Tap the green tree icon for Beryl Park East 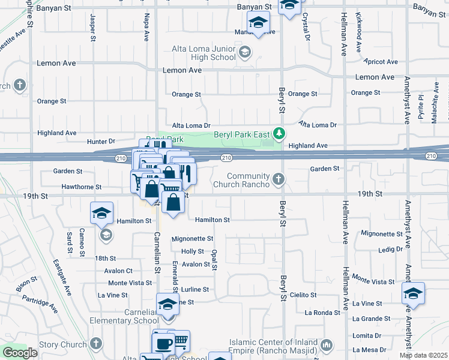tap(279, 133)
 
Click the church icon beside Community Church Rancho tap(279, 178)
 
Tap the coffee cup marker tap(162, 343)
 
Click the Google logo tap(20, 352)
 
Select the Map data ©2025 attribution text tap(424, 355)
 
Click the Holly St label tap(193, 251)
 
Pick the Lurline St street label tap(194, 289)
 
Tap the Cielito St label tap(303, 295)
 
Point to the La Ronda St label tap(322, 313)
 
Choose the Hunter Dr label tap(100, 142)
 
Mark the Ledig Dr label tap(391, 249)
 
